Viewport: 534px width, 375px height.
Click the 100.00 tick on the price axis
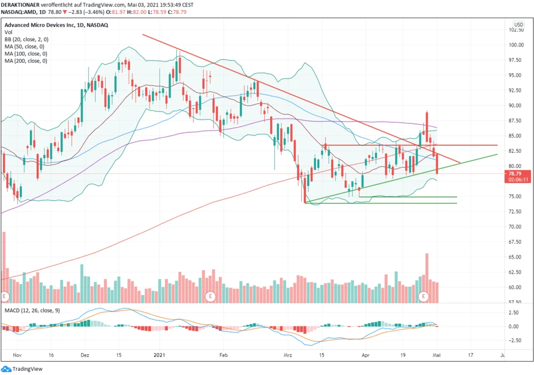coord(515,45)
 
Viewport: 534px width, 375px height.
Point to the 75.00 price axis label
coord(515,197)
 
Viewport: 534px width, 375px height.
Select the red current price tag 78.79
coord(515,174)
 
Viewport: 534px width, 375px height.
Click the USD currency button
coord(519,25)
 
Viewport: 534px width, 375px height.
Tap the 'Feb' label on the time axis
coord(224,354)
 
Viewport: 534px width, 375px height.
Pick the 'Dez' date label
coord(85,354)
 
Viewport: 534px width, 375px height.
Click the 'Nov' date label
coord(18,354)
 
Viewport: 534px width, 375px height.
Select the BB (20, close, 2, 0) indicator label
coord(27,40)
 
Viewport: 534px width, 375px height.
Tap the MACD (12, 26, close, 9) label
coord(33,310)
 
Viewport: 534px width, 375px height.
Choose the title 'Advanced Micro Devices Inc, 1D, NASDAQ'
coord(57,25)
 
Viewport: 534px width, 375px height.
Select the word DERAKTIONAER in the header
coord(22,4)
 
